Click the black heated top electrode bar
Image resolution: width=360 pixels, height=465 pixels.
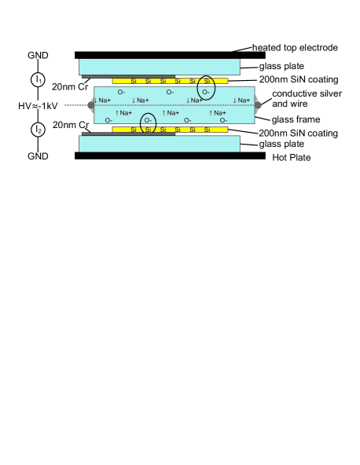coord(169,55)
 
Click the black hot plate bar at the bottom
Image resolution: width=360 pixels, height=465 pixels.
coord(169,156)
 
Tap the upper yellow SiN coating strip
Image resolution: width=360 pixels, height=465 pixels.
coord(169,80)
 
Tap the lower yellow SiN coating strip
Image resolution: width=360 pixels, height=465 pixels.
coord(169,129)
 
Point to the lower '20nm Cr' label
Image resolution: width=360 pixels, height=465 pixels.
coord(68,124)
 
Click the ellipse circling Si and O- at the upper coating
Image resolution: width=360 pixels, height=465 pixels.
coord(206,86)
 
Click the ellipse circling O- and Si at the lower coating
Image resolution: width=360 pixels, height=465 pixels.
coord(148,123)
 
